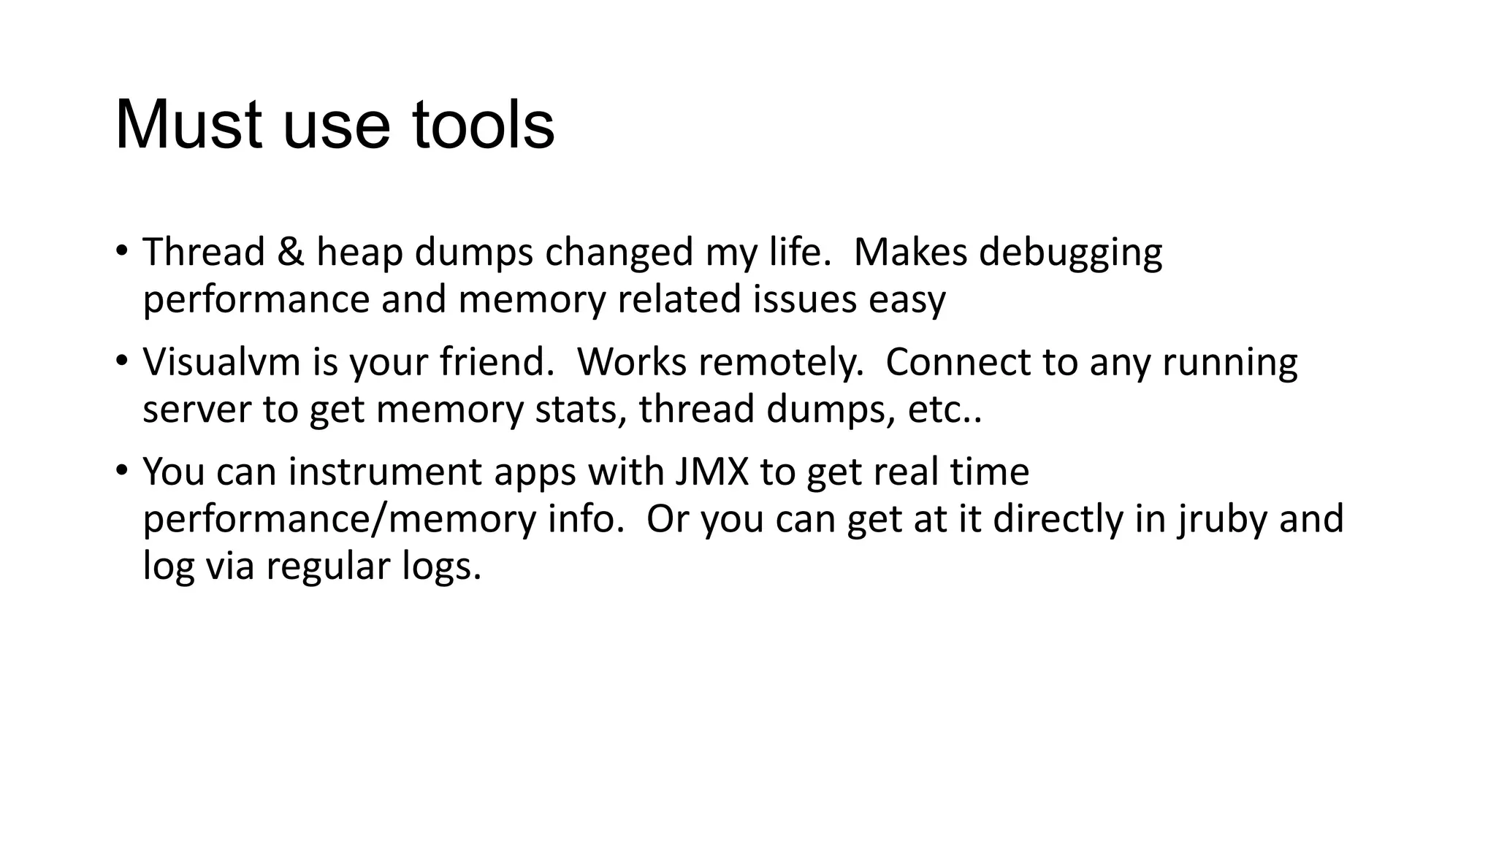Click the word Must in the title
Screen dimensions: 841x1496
[188, 125]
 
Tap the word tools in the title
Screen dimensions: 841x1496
[483, 125]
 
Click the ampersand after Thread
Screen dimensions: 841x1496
[291, 253]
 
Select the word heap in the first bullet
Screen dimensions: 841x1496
[359, 253]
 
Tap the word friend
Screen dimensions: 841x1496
[497, 362]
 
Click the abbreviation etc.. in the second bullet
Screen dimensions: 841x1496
[944, 410]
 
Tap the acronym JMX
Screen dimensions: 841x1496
[712, 472]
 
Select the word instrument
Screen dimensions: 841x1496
[385, 472]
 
